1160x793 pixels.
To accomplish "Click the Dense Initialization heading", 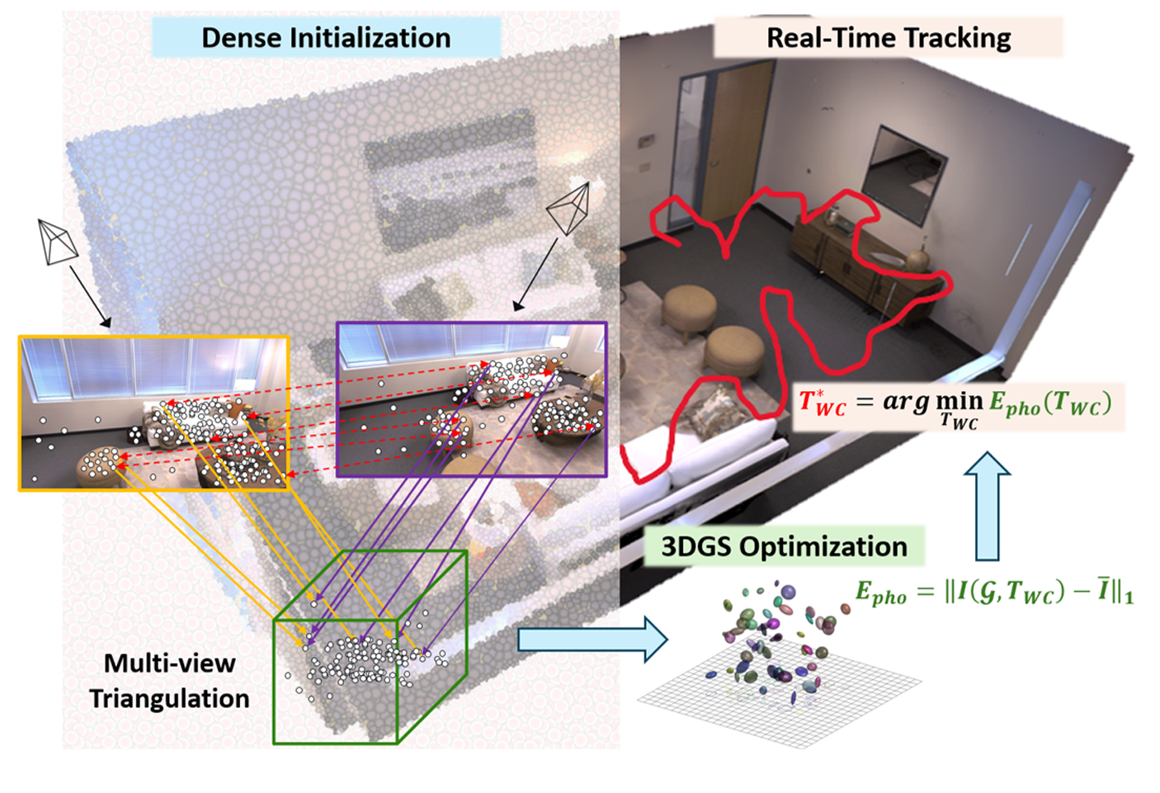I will [x=326, y=38].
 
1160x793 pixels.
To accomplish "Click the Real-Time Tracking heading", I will [x=888, y=38].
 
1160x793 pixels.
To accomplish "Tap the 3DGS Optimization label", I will [x=784, y=546].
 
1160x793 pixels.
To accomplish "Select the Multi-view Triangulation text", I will [x=169, y=681].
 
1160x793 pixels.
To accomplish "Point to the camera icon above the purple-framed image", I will [x=569, y=207].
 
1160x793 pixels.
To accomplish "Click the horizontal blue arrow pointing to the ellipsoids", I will [x=592, y=640].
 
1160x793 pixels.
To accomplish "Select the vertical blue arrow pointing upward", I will [x=987, y=504].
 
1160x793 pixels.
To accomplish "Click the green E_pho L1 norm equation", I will [x=993, y=592].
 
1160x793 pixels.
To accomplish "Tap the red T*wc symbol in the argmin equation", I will [x=822, y=403].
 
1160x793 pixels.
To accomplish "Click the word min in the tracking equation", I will [x=960, y=402].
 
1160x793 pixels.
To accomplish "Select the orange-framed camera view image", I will [x=153, y=413].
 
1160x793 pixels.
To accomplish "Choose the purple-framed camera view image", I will [x=471, y=399].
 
